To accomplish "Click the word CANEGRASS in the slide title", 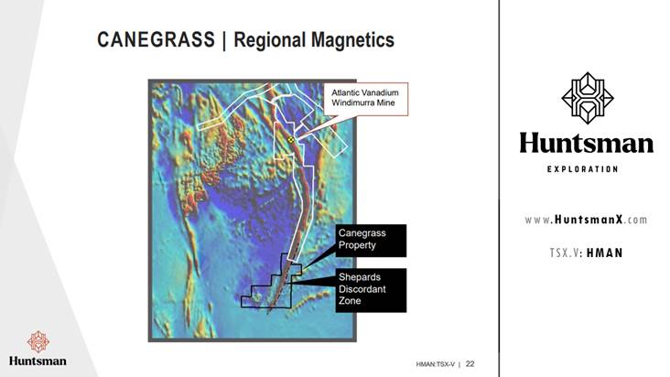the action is [156, 39].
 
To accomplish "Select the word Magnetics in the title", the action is [352, 39].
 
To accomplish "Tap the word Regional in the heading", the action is [270, 40].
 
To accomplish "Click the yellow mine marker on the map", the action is [291, 140].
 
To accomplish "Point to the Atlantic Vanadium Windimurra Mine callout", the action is [365, 99].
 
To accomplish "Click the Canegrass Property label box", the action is [371, 241].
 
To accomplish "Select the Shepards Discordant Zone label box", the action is [371, 290].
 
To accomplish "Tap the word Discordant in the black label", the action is [362, 289].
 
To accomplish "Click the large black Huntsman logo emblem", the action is [588, 98].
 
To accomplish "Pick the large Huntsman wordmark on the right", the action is [586, 143].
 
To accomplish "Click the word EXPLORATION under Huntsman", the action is [582, 169].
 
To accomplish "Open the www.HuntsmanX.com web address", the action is [586, 220].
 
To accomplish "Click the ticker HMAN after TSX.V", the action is [605, 253].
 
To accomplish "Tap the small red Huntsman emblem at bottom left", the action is [38, 341].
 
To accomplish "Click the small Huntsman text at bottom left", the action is [38, 361].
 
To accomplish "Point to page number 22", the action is [470, 364].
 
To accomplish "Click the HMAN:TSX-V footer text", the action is [436, 364].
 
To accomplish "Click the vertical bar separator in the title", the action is [224, 40].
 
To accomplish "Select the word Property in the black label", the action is [357, 245].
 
